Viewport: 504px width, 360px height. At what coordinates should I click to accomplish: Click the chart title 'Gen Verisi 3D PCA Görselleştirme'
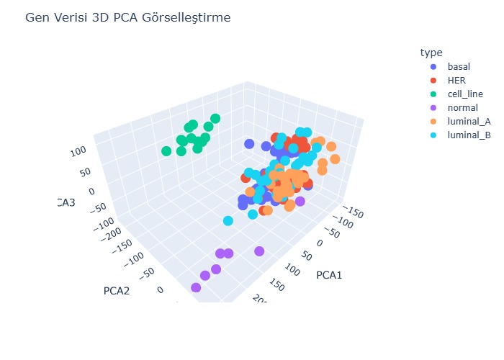128,18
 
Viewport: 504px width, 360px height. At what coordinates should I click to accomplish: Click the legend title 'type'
431,53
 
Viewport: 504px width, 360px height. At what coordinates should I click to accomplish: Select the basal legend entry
459,66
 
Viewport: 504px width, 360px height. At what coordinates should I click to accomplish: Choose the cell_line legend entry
464,94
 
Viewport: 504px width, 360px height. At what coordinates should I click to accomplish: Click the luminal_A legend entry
469,121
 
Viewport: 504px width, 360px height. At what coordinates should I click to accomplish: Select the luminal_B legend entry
469,135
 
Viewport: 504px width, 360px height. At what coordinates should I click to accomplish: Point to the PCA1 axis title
329,275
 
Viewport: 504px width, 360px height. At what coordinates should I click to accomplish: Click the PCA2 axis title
117,291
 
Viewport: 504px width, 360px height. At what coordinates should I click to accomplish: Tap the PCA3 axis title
65,202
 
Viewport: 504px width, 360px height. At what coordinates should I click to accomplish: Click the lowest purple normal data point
196,288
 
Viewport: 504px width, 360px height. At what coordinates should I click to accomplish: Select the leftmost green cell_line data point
167,151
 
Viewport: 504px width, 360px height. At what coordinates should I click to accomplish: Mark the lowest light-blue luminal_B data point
228,221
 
